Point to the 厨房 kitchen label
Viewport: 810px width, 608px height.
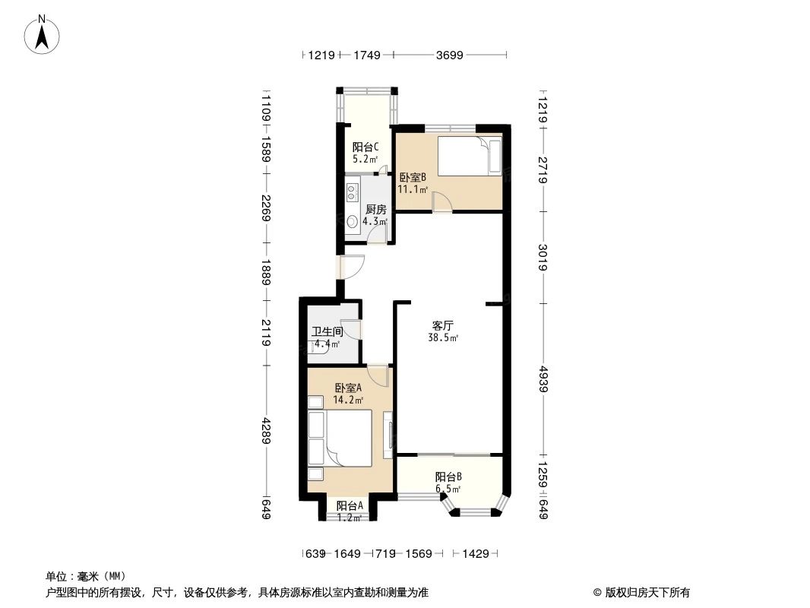click(x=375, y=209)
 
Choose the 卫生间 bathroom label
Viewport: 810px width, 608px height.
click(x=327, y=331)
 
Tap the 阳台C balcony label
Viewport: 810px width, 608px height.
click(x=361, y=147)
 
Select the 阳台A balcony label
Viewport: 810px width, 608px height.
click(x=350, y=505)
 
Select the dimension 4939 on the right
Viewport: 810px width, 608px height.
click(x=543, y=379)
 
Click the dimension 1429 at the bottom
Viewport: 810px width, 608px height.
click(x=476, y=554)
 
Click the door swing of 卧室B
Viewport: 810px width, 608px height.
click(x=442, y=201)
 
